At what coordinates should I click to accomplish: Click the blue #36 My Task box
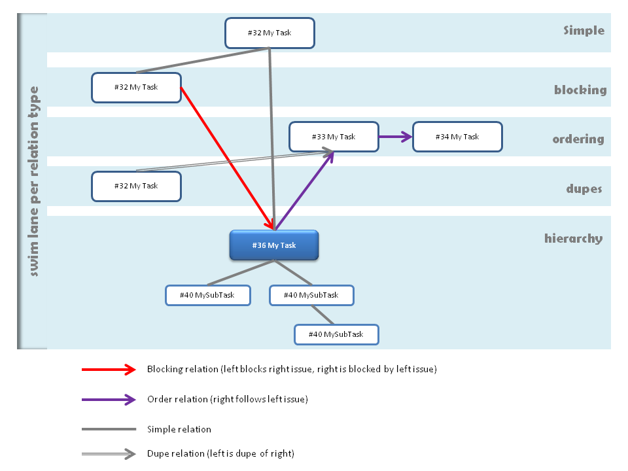(x=273, y=245)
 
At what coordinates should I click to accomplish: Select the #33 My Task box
(x=334, y=137)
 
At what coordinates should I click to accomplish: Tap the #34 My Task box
(x=457, y=137)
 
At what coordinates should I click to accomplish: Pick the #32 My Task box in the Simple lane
(x=270, y=33)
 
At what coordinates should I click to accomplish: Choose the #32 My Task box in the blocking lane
(x=136, y=87)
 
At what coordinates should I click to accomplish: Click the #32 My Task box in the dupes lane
(x=136, y=186)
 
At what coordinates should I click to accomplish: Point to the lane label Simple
(x=584, y=30)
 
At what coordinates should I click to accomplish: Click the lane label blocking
(x=580, y=90)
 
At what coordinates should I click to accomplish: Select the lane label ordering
(x=578, y=139)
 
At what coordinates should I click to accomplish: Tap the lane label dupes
(x=584, y=189)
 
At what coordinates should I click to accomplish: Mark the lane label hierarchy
(x=573, y=238)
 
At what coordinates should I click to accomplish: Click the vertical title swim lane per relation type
(x=33, y=181)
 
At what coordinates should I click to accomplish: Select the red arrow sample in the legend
(x=108, y=370)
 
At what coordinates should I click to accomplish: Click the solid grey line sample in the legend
(x=108, y=430)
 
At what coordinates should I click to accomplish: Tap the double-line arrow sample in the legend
(x=108, y=453)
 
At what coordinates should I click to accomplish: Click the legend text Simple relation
(x=179, y=430)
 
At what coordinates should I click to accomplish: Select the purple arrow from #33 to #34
(x=395, y=137)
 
